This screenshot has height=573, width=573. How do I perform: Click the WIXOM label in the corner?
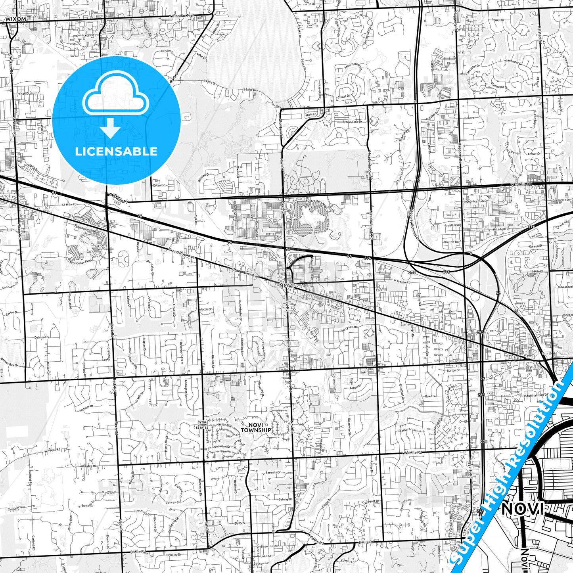click(16, 19)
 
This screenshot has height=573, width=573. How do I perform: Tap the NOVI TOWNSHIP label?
click(256, 427)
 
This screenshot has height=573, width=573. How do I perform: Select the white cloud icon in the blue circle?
click(115, 95)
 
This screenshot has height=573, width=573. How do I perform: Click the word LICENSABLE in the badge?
click(116, 151)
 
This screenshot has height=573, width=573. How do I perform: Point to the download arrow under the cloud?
click(110, 127)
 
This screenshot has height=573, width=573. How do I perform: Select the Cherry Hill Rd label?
click(349, 328)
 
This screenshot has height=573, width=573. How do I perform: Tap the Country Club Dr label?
click(477, 201)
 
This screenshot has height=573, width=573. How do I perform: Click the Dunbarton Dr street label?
click(222, 447)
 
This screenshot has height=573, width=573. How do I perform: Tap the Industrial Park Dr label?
click(536, 395)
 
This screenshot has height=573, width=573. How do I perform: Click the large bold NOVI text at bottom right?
click(522, 509)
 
